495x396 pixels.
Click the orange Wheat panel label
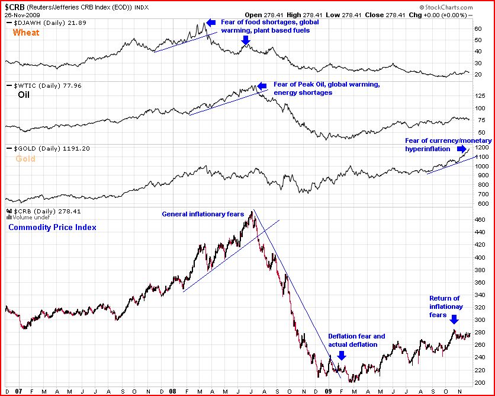[x=26, y=33]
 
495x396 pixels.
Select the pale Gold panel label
[x=25, y=158]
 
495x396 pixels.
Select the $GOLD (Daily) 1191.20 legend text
[x=50, y=148]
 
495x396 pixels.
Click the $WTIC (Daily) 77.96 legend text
[x=50, y=85]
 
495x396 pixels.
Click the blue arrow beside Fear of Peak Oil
[x=262, y=87]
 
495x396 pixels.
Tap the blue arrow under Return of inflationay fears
[x=454, y=320]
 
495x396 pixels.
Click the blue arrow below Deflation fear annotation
[x=342, y=355]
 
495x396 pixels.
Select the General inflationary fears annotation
[x=203, y=215]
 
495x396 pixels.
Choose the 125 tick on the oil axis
[x=481, y=95]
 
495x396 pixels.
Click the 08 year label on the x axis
[x=172, y=391]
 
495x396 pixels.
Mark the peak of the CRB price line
[x=253, y=210]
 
